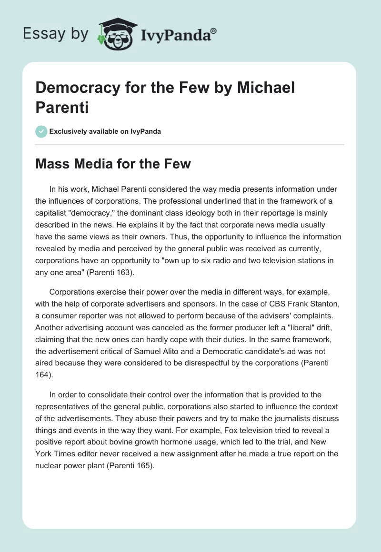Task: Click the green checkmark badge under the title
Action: (41, 131)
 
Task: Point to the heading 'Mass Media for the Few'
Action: (113, 164)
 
